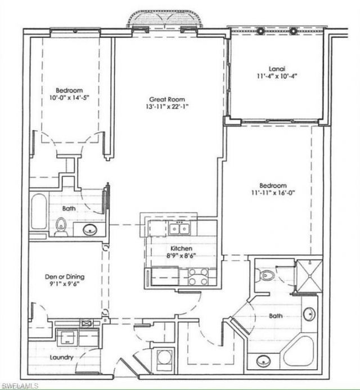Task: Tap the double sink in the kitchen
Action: click(x=179, y=228)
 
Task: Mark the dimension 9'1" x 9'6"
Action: click(x=65, y=285)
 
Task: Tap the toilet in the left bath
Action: click(x=61, y=227)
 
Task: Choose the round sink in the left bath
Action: click(x=90, y=228)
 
